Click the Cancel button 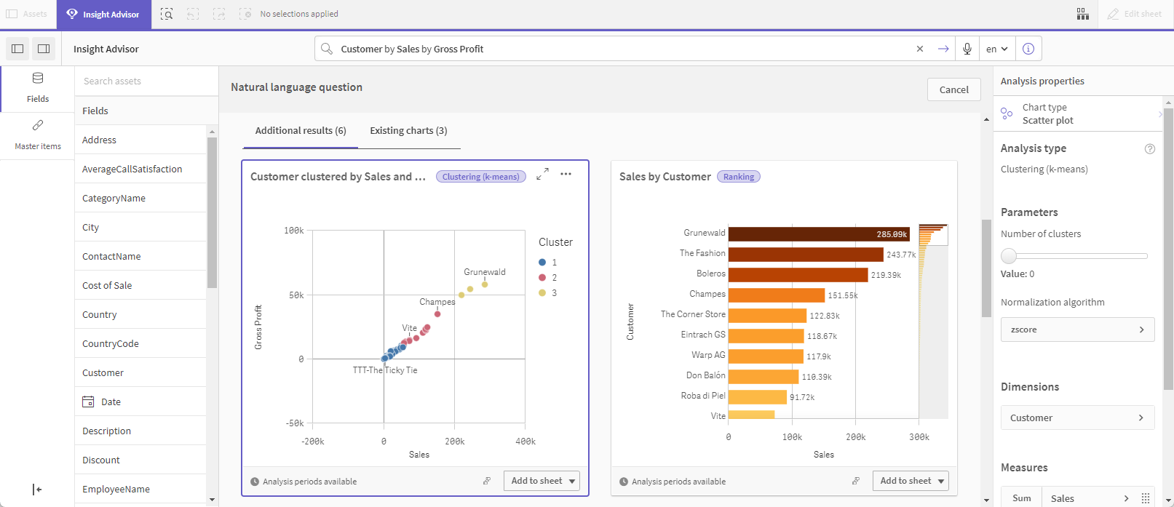tap(953, 89)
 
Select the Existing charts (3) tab tap(408, 131)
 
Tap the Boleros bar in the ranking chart tap(798, 275)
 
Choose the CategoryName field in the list tap(114, 198)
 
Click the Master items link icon tap(38, 126)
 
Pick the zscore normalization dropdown tap(1077, 330)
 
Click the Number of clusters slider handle tap(1009, 256)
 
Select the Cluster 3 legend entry tap(547, 293)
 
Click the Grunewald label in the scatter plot tap(485, 272)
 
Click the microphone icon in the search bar tap(967, 49)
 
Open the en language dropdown tap(996, 49)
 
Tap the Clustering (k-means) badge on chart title tap(481, 177)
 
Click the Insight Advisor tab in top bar tap(103, 15)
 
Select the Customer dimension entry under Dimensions tap(1077, 418)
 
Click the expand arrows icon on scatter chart tap(542, 175)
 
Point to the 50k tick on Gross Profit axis tap(296, 295)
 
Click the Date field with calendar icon tap(111, 402)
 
